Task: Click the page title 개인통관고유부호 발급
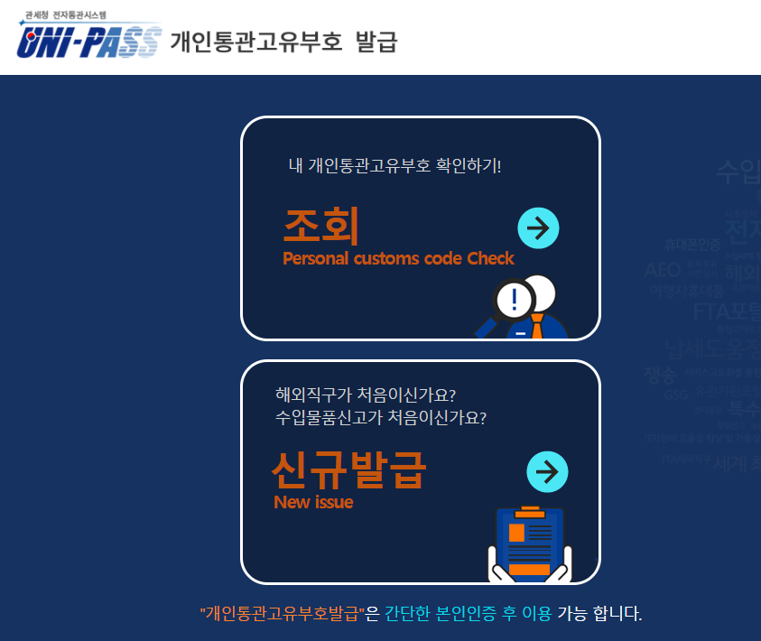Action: (x=283, y=42)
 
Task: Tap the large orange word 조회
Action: (x=321, y=225)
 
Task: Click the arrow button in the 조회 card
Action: (x=539, y=228)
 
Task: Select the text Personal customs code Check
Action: (x=398, y=259)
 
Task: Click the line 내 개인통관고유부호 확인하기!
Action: (x=394, y=165)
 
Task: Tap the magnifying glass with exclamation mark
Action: (x=511, y=300)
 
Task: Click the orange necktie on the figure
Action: (x=537, y=325)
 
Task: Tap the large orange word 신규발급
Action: (x=348, y=469)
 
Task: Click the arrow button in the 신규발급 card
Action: (x=547, y=470)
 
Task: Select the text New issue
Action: (x=313, y=502)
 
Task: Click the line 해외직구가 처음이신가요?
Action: (x=366, y=395)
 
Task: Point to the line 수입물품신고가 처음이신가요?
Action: (x=381, y=419)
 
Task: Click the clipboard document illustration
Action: (x=530, y=543)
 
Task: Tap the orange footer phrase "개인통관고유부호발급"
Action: (x=282, y=614)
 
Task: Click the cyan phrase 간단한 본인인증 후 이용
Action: (x=468, y=614)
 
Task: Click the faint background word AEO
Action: (x=662, y=270)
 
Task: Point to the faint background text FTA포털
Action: (x=727, y=312)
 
